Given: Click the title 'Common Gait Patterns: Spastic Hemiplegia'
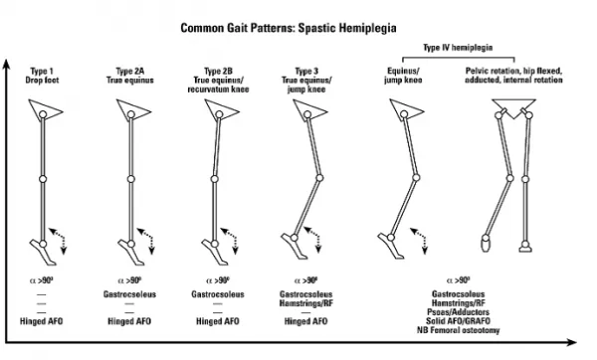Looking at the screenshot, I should pos(298,29).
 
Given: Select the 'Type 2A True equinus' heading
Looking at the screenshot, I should pos(129,77).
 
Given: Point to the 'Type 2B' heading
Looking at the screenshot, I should pos(221,73).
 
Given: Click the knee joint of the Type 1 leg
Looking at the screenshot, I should pos(42,179).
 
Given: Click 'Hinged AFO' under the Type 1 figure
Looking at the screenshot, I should pos(42,322).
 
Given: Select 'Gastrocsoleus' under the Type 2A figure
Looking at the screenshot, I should pos(129,294).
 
